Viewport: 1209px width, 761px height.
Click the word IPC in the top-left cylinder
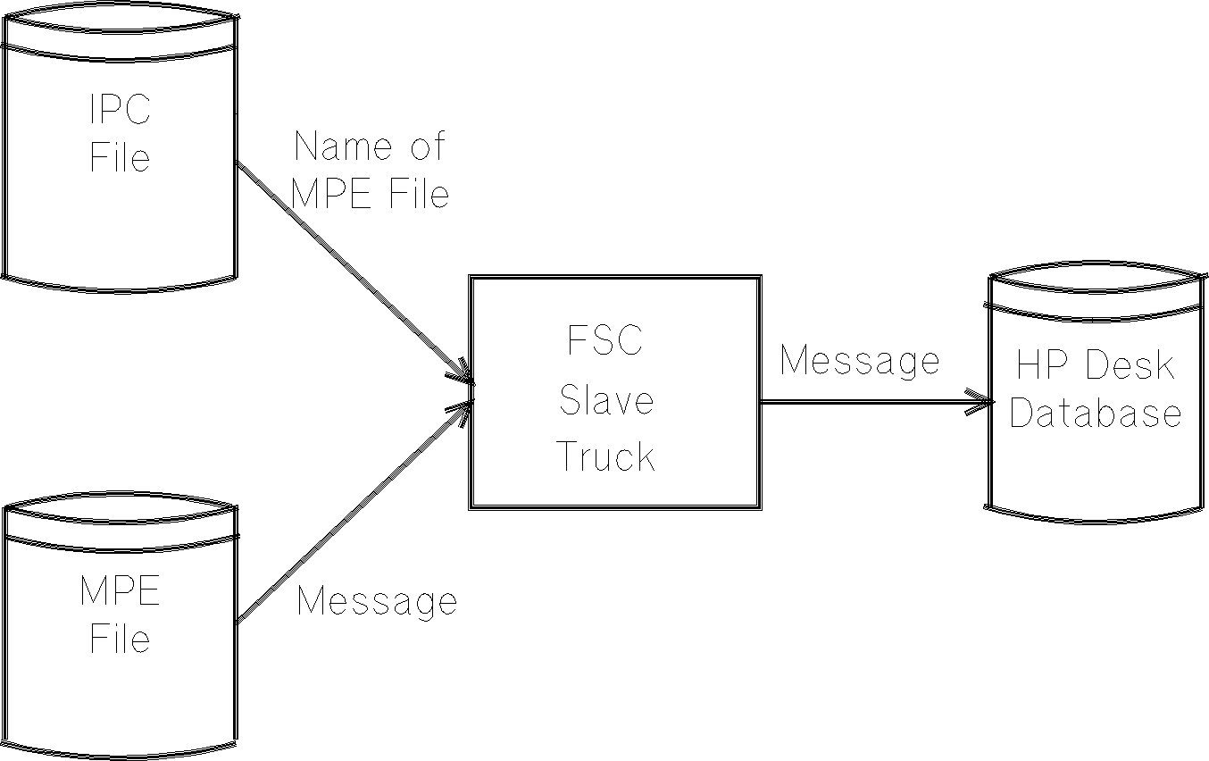[120, 110]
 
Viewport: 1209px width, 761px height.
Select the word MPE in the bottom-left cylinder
[120, 591]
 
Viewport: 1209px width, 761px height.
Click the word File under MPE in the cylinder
[120, 639]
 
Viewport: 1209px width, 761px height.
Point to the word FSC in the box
[605, 341]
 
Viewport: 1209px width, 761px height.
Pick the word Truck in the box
[606, 457]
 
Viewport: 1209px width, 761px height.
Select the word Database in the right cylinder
[1096, 414]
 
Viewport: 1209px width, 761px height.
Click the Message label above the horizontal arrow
[859, 361]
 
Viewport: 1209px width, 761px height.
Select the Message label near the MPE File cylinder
[376, 600]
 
